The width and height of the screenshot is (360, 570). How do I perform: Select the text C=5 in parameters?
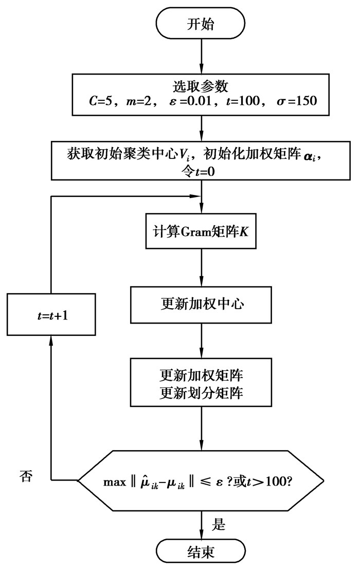98,99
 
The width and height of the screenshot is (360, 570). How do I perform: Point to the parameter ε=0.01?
191,99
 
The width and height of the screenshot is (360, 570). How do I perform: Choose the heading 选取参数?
200,85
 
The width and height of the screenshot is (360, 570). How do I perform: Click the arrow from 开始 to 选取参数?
200,57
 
